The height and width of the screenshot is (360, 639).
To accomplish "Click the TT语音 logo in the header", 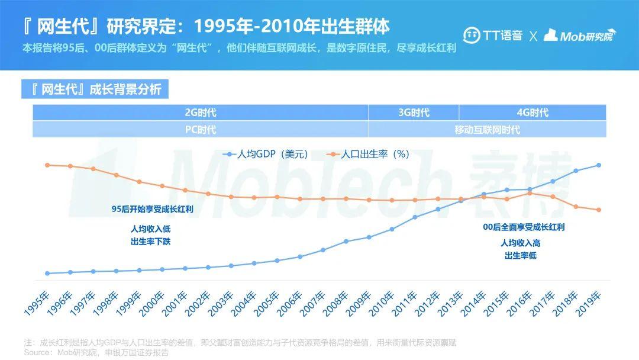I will tap(492, 36).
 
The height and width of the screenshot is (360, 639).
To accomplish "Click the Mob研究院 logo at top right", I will tap(579, 36).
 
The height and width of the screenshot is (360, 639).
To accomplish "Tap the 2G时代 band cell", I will tap(201, 112).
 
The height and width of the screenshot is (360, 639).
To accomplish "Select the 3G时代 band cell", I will tap(414, 112).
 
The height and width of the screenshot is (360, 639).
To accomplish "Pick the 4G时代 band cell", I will tap(532, 112).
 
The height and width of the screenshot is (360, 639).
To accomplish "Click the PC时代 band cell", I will tap(201, 129).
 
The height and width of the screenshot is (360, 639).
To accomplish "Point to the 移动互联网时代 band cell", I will tap(487, 129).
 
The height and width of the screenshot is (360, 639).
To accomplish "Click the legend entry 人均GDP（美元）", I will tap(266, 154).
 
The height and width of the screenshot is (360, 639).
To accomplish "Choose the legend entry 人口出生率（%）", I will tap(369, 154).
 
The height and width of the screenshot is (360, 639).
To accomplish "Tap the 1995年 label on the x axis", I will tap(37, 303).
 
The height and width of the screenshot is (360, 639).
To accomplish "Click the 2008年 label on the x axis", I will tap(336, 303).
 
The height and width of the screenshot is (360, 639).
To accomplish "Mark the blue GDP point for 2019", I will tap(599, 165).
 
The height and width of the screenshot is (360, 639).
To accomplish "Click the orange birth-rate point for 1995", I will tap(47, 165).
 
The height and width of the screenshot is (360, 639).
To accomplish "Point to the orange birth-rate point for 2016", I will tap(530, 193).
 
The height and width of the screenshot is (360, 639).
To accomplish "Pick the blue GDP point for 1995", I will tap(47, 274).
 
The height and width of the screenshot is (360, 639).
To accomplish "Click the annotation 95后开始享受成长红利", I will tap(153, 209).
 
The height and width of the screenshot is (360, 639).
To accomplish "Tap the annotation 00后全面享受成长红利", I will tap(524, 227).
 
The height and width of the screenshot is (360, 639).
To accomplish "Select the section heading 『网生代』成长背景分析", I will tap(95, 89).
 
